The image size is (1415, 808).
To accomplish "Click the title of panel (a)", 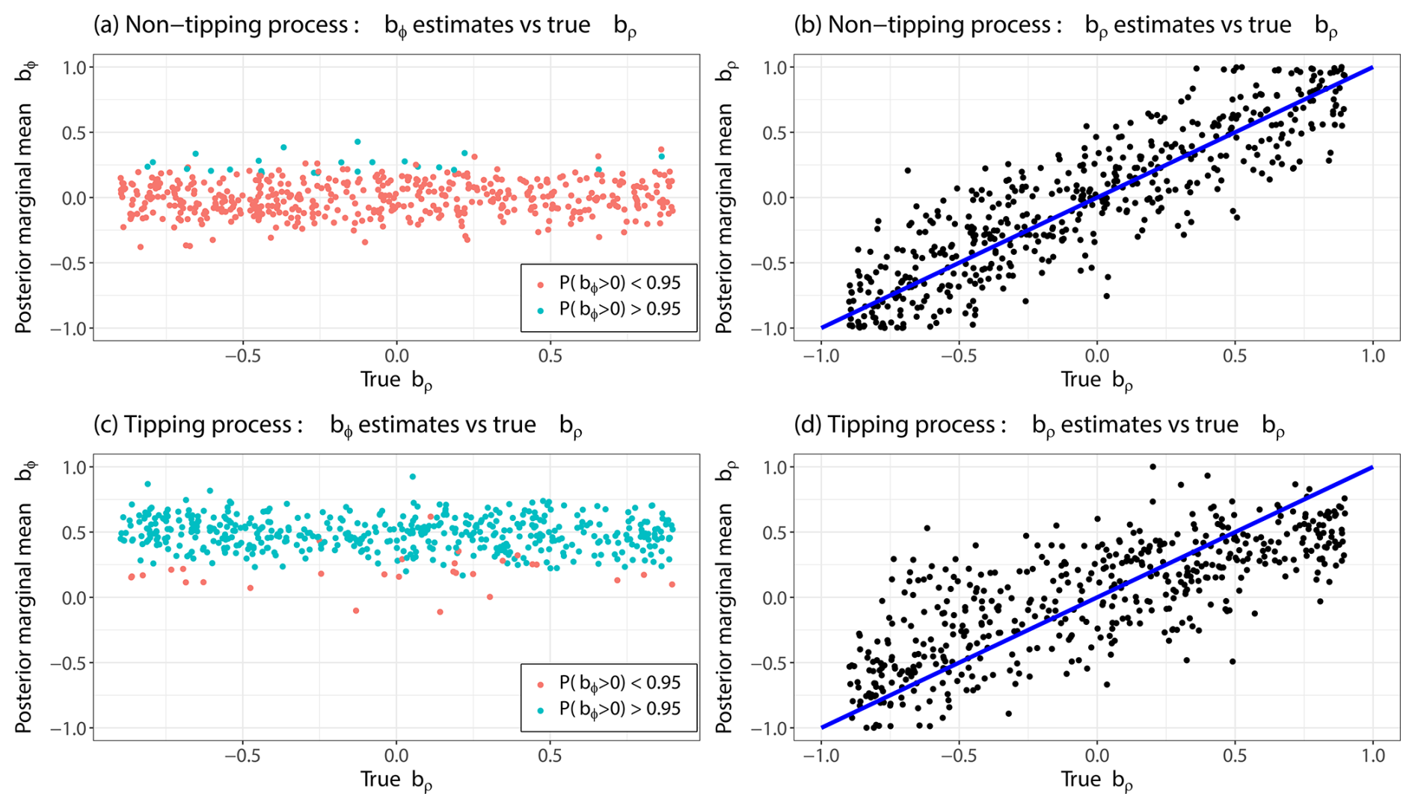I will click(x=364, y=25).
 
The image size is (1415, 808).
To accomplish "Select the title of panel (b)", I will click(x=1065, y=25).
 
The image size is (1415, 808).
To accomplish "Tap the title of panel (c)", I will click(x=337, y=425).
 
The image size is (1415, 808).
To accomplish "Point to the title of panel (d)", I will click(x=1039, y=425).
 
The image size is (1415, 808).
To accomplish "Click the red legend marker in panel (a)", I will click(x=541, y=285).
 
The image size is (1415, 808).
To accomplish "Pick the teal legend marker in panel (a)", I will click(x=541, y=310).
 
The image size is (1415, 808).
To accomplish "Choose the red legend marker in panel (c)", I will click(x=541, y=685).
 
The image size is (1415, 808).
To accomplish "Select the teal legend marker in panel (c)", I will click(x=541, y=710).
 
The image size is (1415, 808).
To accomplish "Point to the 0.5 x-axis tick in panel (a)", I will click(x=550, y=356).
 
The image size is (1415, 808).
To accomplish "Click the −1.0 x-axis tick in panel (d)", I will click(x=821, y=756).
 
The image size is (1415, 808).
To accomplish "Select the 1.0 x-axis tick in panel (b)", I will click(x=1372, y=356).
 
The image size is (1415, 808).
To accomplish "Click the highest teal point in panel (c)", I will click(x=413, y=476).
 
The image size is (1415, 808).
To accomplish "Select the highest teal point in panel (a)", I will click(x=357, y=141).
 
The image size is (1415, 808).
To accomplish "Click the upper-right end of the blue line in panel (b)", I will click(x=1372, y=68).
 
